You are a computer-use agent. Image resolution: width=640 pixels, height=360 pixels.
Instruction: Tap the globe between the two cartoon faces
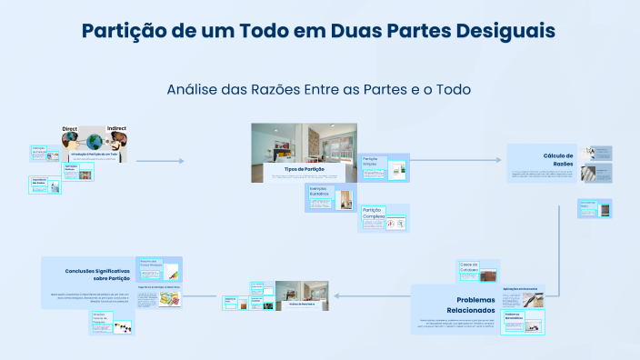point(94,141)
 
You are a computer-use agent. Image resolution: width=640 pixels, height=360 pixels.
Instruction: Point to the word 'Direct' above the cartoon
point(70,130)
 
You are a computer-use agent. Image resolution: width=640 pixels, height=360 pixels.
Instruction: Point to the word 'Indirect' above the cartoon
point(117,130)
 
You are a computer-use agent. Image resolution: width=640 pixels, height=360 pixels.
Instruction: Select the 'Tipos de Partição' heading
point(304,169)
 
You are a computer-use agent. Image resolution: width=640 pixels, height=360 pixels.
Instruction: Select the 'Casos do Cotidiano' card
point(477,271)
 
